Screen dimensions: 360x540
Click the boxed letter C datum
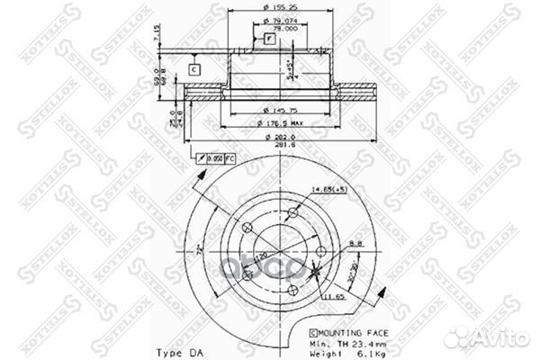coord(195,69)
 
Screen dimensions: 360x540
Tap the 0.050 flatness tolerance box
coord(219,159)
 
